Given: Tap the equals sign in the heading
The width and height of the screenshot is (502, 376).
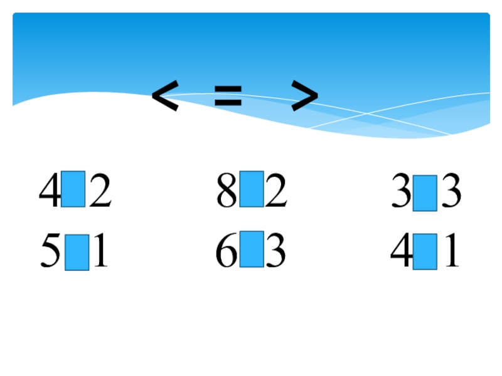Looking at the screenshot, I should pyautogui.click(x=228, y=98).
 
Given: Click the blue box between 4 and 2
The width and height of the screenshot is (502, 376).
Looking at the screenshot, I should pyautogui.click(x=73, y=189).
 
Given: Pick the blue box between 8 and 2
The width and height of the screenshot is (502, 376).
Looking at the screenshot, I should pyautogui.click(x=252, y=189).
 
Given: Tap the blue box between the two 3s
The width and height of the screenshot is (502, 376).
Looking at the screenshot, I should pyautogui.click(x=425, y=193).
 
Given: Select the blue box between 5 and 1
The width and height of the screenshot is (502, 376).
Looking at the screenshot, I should pyautogui.click(x=77, y=252).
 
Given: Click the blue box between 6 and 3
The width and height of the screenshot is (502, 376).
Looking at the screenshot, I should pyautogui.click(x=252, y=248).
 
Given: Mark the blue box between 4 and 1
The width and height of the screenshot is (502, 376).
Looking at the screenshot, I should pyautogui.click(x=425, y=252).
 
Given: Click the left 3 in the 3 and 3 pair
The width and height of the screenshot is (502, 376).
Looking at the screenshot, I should pyautogui.click(x=402, y=192).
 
